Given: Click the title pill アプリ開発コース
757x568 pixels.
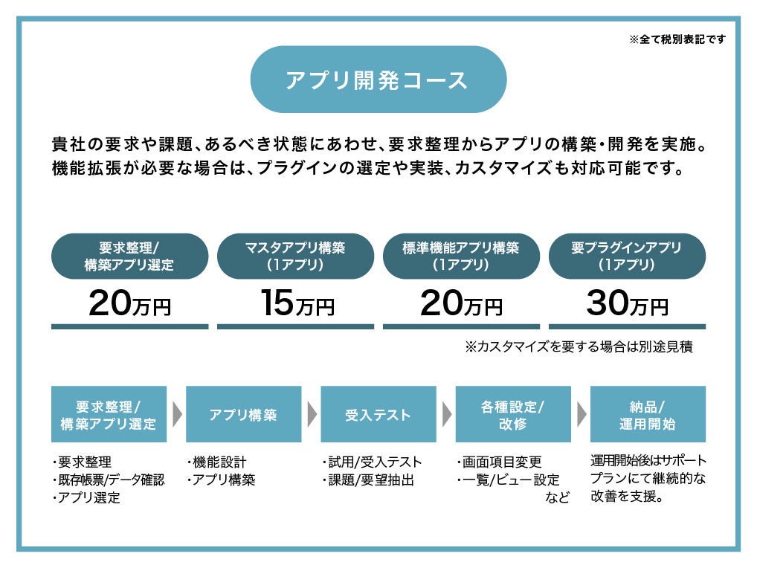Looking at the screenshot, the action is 378,80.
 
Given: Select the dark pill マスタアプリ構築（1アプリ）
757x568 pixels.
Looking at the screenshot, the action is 295,256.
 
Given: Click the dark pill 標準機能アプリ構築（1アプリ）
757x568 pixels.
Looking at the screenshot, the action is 461,256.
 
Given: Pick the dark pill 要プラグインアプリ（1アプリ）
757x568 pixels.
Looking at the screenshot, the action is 627,256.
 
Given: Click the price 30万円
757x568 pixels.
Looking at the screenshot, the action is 627,303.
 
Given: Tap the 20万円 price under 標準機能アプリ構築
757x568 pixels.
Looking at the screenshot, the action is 461,303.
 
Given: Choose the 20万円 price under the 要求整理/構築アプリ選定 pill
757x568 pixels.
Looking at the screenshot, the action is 129,303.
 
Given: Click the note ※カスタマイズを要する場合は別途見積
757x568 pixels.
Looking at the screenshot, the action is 579,346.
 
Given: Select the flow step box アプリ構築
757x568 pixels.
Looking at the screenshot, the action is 243,414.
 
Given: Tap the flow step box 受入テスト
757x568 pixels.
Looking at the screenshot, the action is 378,414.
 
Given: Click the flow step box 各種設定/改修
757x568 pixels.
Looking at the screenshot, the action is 513,414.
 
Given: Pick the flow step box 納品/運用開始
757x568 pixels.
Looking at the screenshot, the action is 648,414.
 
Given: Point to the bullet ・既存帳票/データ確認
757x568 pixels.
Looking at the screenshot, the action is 108,480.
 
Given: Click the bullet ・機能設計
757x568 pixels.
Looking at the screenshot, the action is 216,462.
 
